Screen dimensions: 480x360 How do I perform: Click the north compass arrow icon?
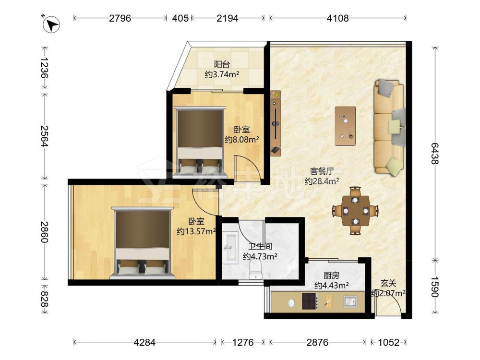pyautogui.click(x=51, y=24)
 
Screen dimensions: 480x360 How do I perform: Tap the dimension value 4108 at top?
pyautogui.click(x=337, y=18)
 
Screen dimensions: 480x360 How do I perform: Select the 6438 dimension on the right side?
pyautogui.click(x=435, y=153)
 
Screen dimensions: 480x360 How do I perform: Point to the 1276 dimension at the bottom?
pyautogui.click(x=243, y=342)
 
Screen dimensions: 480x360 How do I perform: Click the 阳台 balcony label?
pyautogui.click(x=222, y=65)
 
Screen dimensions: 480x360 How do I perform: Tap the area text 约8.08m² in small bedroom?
pyautogui.click(x=242, y=140)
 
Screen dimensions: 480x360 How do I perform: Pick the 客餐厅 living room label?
pyautogui.click(x=322, y=171)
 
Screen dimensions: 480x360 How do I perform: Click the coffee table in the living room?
pyautogui.click(x=345, y=126)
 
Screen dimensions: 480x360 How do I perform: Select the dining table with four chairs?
pyautogui.click(x=355, y=211)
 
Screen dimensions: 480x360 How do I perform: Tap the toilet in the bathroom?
pyautogui.click(x=256, y=270)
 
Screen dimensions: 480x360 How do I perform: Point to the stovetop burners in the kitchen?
pyautogui.click(x=310, y=301)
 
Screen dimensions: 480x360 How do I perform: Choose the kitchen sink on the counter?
pyautogui.click(x=350, y=301)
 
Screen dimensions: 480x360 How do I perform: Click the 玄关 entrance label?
pyautogui.click(x=388, y=283)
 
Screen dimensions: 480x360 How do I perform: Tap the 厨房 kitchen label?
pyautogui.click(x=332, y=276)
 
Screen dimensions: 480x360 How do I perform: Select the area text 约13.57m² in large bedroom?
pyautogui.click(x=196, y=231)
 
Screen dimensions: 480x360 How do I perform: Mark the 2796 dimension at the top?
pyautogui.click(x=120, y=18)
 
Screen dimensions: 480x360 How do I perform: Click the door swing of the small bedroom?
pyautogui.click(x=248, y=168)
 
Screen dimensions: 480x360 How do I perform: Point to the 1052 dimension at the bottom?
pyautogui.click(x=389, y=342)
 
